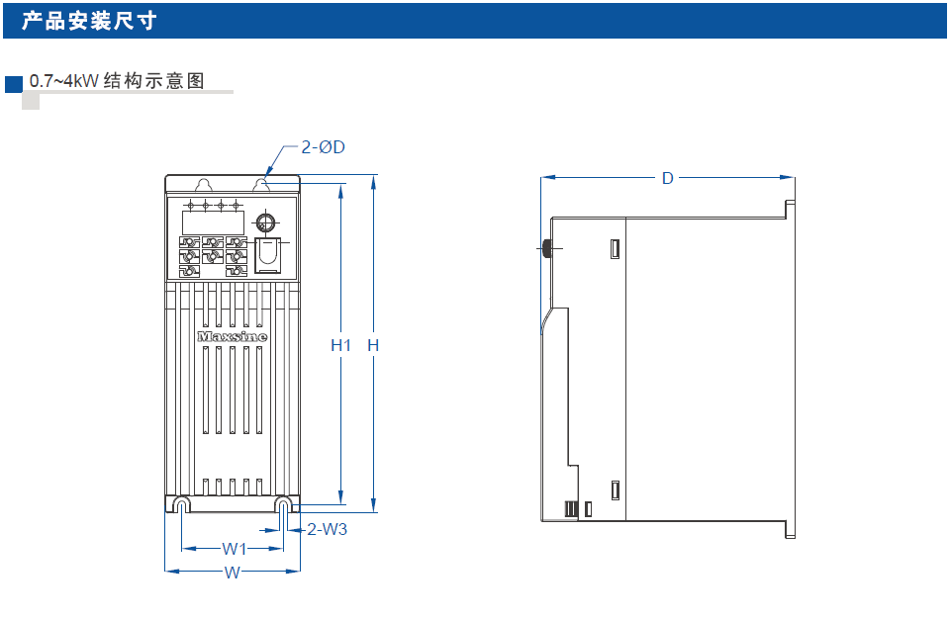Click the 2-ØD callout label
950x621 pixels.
324,147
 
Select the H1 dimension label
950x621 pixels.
341,345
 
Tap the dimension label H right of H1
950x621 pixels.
373,345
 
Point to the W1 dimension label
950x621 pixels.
234,548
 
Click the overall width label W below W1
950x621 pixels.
232,573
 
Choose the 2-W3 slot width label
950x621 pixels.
328,529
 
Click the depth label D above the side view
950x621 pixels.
668,178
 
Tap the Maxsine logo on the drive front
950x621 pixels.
232,336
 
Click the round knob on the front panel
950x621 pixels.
265,222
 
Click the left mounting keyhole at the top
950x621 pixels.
203,186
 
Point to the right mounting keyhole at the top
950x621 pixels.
264,186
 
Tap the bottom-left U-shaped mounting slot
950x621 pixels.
181,505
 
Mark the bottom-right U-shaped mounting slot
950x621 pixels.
283,505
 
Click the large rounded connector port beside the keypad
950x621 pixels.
266,254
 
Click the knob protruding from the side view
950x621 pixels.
545,248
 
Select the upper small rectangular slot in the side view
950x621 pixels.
614,248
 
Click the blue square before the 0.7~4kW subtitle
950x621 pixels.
14,82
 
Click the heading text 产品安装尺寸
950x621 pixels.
89,21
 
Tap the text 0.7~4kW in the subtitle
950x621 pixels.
64,81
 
